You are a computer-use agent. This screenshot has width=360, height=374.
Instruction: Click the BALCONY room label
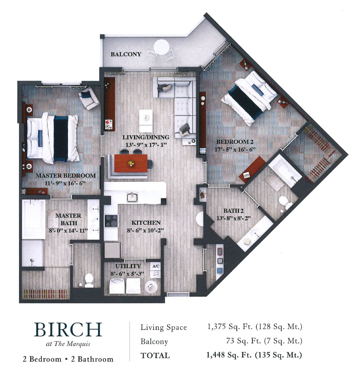tap(126, 55)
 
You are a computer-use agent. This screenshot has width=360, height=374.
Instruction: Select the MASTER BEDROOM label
tap(66, 176)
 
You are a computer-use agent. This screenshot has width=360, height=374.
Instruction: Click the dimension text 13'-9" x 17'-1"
tap(145, 144)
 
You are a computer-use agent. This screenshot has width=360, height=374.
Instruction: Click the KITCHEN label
tap(146, 223)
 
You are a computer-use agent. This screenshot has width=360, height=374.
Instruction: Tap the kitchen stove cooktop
tap(111, 221)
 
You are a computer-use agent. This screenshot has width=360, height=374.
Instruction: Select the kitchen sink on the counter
tap(132, 197)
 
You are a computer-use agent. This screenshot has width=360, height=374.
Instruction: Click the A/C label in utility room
tap(156, 266)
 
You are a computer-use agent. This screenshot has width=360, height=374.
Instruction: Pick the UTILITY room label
tap(128, 266)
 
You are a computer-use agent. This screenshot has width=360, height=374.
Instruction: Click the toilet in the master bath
tap(89, 280)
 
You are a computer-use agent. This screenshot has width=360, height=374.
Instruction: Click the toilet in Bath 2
tap(286, 202)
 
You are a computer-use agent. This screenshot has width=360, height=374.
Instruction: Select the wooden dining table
tap(130, 163)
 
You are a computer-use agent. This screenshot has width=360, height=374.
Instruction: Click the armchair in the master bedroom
tap(89, 98)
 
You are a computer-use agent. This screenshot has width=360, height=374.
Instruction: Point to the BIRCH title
tap(68, 330)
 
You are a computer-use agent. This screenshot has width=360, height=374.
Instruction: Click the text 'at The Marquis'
tap(68, 343)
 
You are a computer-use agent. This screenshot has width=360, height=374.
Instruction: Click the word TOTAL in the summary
tap(155, 356)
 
